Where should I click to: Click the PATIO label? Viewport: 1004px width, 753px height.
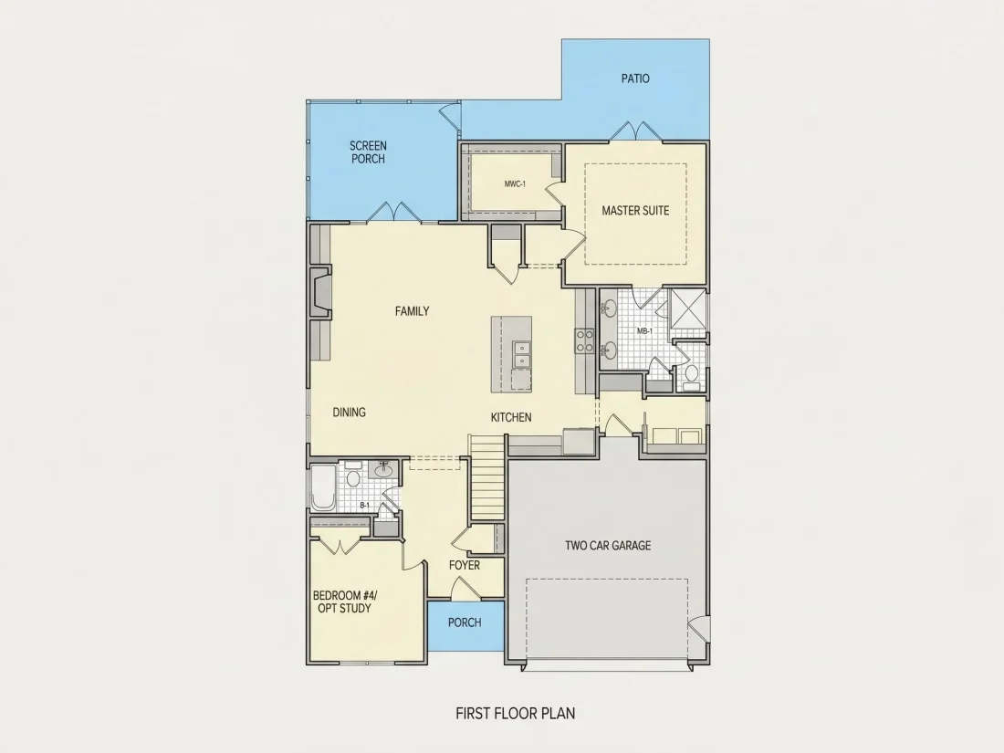pos(635,78)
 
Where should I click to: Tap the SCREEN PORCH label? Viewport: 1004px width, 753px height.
pos(368,152)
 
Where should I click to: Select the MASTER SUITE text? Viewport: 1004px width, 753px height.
pos(635,210)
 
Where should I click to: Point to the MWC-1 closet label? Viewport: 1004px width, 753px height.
pos(515,184)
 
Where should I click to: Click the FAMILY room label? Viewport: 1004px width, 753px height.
pos(412,311)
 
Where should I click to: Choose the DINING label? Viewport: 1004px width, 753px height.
pos(349,413)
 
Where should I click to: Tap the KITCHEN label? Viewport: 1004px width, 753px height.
pos(511,417)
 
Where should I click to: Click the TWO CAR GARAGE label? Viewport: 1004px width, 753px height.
pos(608,546)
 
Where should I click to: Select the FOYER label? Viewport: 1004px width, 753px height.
pos(465,565)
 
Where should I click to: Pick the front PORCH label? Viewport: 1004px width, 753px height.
pos(465,622)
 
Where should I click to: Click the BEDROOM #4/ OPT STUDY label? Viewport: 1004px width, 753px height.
pos(345,601)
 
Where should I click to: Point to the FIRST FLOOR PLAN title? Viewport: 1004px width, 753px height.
pos(516,714)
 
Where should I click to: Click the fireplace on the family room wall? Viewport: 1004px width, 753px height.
pos(320,293)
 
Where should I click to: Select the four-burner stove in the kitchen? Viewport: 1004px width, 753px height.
pos(584,340)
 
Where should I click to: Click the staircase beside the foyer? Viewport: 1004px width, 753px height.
pos(488,477)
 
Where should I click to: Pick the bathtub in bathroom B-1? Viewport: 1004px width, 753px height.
pos(323,487)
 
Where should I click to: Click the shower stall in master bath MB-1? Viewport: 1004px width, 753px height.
pos(687,310)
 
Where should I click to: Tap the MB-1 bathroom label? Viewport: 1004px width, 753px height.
pos(644,331)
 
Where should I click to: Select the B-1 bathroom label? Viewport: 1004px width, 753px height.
pos(364,506)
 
